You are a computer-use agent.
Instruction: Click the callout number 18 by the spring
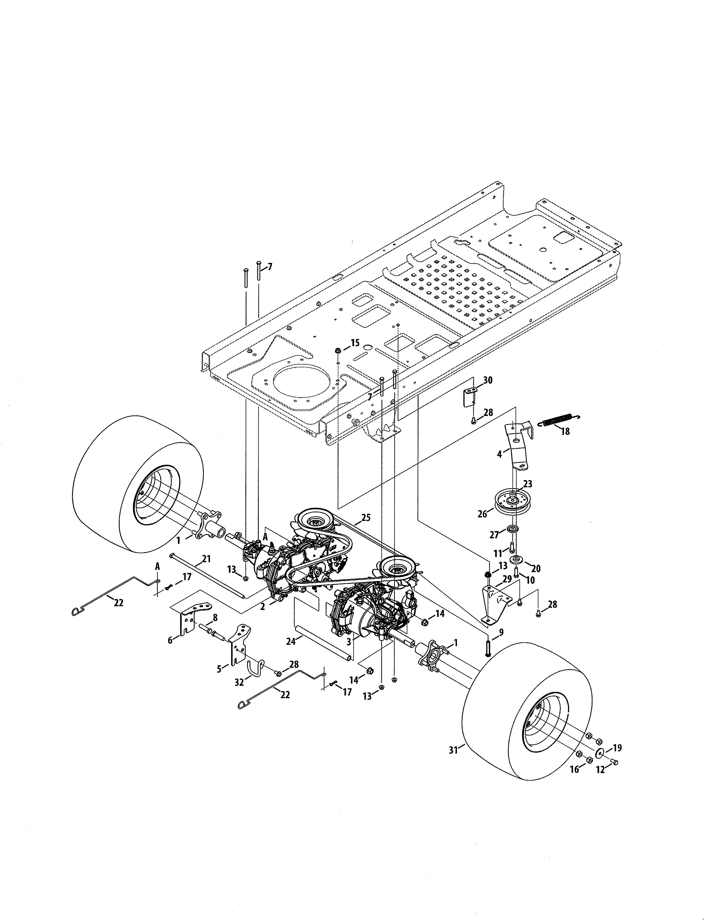pyautogui.click(x=565, y=431)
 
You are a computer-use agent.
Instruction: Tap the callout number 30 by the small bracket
pyautogui.click(x=487, y=380)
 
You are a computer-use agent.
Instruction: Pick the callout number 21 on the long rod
pyautogui.click(x=206, y=559)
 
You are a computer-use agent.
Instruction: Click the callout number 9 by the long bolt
pyautogui.click(x=500, y=632)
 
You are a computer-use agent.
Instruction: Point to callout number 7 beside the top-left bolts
pyautogui.click(x=270, y=266)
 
